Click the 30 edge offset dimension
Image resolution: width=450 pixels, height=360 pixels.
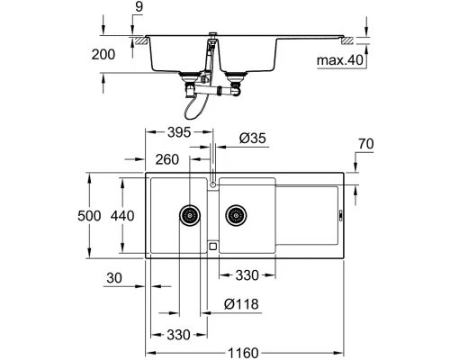[112, 279]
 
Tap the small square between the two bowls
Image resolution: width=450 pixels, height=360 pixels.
[212, 244]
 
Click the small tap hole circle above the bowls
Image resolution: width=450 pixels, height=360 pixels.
[213, 184]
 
